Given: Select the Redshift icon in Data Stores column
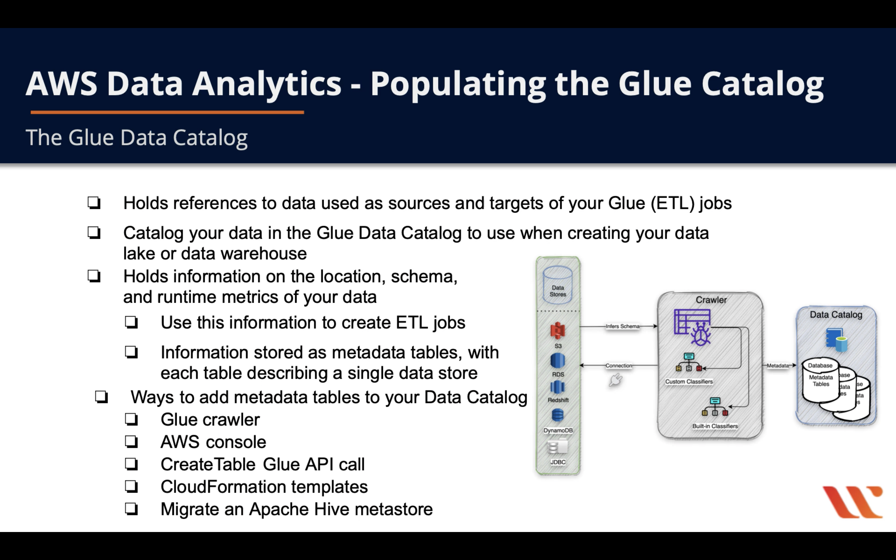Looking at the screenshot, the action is click(557, 387).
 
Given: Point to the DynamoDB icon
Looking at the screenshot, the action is click(557, 415).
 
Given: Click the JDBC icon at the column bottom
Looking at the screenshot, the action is click(557, 447).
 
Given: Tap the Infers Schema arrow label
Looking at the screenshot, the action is click(622, 326).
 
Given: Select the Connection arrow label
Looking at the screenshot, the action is click(619, 365).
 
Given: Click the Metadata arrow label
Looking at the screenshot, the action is click(777, 365).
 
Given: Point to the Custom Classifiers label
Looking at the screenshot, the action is click(689, 381).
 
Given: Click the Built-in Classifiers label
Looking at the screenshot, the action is click(715, 426).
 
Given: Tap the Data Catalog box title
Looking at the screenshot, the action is click(836, 314).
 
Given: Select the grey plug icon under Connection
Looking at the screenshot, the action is click(615, 380).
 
